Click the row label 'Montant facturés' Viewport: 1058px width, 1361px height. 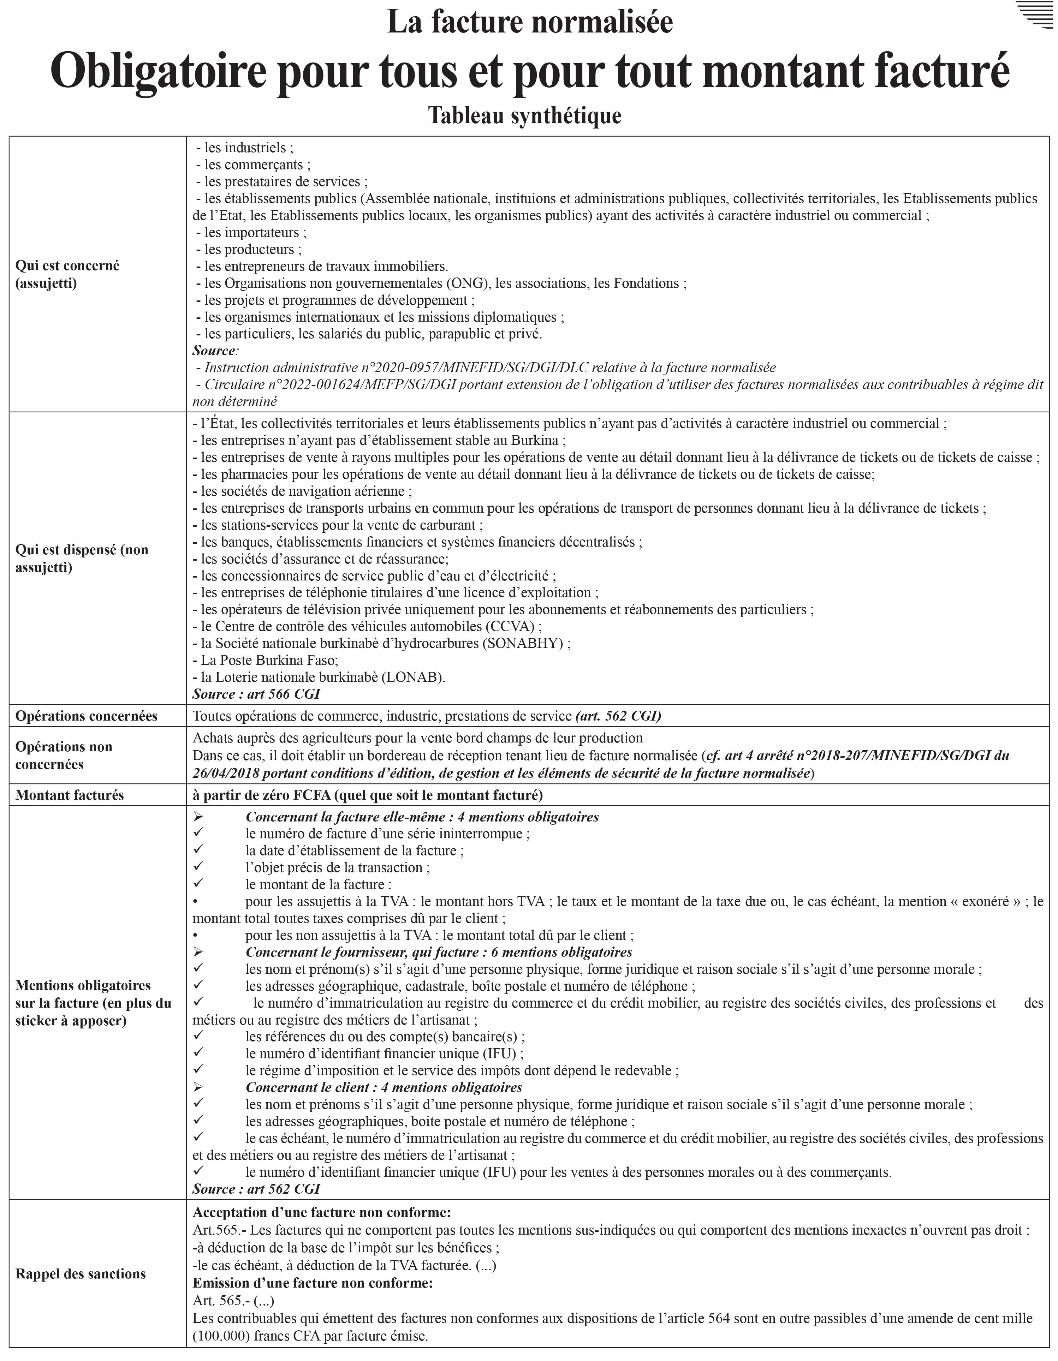(70, 795)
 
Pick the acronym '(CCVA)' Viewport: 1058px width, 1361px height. (512, 626)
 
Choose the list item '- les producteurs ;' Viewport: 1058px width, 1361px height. (248, 249)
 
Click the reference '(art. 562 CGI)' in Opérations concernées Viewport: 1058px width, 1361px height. (618, 716)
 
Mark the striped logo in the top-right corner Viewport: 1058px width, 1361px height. (1033, 15)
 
